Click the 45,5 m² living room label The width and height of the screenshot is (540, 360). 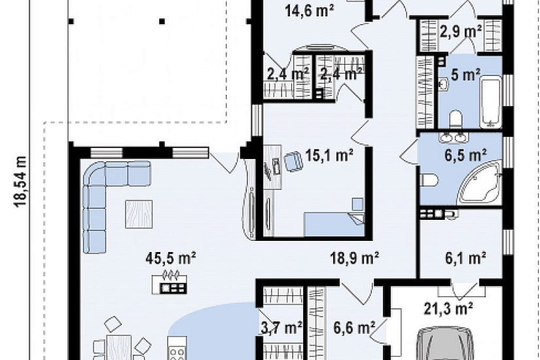171,258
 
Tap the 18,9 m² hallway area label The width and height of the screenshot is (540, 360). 355,258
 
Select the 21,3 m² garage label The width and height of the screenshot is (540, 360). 448,308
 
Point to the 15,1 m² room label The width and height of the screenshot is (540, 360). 329,156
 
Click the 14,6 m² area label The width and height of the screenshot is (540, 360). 309,11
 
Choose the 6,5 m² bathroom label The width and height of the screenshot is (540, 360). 465,155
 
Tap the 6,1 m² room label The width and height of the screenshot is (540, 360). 465,259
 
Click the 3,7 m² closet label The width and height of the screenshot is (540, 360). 281,328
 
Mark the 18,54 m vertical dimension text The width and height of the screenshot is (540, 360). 21,181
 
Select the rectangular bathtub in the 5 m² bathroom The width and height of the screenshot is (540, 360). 491,103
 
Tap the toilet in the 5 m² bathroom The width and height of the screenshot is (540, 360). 456,119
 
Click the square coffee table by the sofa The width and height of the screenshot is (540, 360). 139,214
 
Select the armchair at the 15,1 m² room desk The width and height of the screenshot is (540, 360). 293,162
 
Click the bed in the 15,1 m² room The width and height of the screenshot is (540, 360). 334,225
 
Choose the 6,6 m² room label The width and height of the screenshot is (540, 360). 354,328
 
